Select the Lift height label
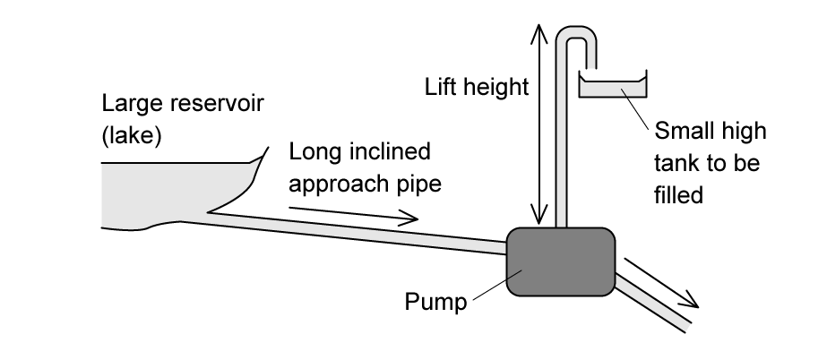pos(477,88)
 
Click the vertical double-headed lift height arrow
pos(539,125)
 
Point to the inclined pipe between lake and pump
pos(358,232)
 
